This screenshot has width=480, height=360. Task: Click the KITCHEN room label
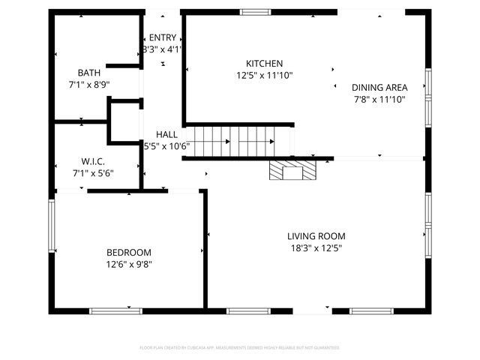[x=265, y=64]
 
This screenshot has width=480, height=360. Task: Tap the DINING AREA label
[x=380, y=88]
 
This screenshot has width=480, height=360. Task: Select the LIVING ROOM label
[x=317, y=236]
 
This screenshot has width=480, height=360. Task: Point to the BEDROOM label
[x=129, y=253]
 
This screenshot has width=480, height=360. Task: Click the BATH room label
[x=89, y=73]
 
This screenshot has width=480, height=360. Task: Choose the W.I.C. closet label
[x=93, y=162]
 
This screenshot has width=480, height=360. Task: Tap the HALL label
[x=166, y=134]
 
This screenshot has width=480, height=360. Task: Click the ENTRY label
[x=163, y=38]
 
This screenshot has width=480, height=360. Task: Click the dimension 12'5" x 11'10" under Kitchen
[x=265, y=75]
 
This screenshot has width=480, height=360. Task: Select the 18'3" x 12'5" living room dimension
[x=317, y=248]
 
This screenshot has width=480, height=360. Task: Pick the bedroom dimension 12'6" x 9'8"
[x=129, y=264]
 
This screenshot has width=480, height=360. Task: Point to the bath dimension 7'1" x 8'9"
[x=89, y=85]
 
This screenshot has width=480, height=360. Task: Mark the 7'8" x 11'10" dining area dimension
[x=380, y=99]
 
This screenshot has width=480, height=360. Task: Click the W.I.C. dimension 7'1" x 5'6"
[x=93, y=173]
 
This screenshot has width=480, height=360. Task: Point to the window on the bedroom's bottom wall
[x=115, y=310]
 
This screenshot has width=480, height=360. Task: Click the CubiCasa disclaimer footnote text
[x=239, y=348]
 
